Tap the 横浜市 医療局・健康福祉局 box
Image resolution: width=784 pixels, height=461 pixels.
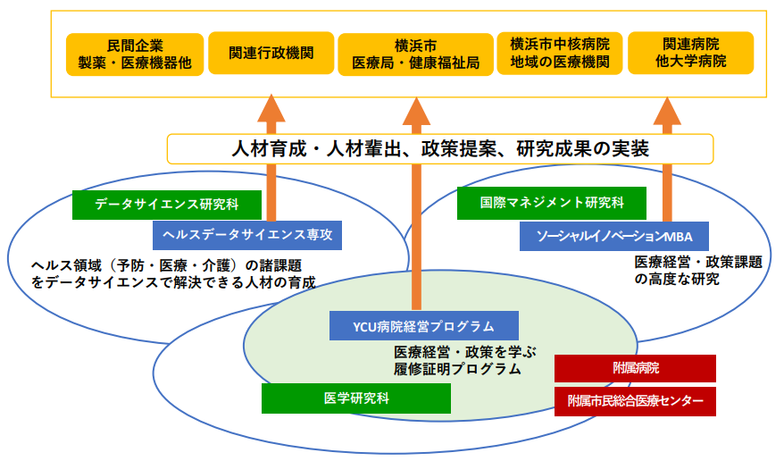pyautogui.click(x=416, y=54)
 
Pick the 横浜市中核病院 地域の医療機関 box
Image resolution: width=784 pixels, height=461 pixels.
pyautogui.click(x=560, y=54)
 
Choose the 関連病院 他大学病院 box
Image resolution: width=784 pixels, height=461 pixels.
pyautogui.click(x=690, y=54)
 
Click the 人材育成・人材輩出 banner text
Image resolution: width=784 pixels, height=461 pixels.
pyautogui.click(x=439, y=149)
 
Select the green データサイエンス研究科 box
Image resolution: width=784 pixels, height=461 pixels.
pyautogui.click(x=167, y=205)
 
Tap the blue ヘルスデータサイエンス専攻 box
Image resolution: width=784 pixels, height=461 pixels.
pyautogui.click(x=247, y=235)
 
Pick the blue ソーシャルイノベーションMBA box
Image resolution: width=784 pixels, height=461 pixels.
pyautogui.click(x=615, y=236)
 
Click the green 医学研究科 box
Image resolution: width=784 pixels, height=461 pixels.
pyautogui.click(x=356, y=398)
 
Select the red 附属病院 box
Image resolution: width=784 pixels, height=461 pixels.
pyautogui.click(x=635, y=368)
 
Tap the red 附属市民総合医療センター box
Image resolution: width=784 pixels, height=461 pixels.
pyautogui.click(x=635, y=402)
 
